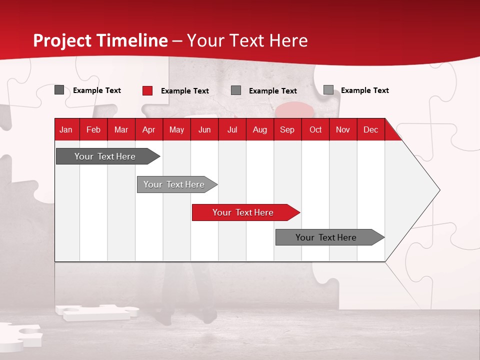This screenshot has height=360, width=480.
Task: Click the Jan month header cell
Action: point(66,129)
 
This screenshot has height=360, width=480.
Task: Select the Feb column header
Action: point(93,129)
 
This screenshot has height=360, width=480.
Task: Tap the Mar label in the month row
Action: point(121,129)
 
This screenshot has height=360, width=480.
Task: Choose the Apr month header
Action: point(149,129)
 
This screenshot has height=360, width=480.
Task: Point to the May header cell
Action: point(176,129)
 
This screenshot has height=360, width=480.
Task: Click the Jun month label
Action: point(204,129)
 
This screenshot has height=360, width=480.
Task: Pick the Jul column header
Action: point(232,129)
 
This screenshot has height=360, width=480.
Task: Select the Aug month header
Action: point(260,129)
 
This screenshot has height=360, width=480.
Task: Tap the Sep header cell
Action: point(287,129)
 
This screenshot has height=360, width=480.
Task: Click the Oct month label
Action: point(315,129)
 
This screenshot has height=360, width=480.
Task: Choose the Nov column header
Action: point(343,129)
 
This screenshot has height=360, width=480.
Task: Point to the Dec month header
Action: point(371,129)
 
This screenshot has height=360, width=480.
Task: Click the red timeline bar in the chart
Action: point(243,212)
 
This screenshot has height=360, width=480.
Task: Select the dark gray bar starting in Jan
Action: point(105,156)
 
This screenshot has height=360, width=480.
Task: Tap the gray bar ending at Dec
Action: point(326,237)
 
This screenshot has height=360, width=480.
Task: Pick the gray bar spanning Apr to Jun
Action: point(174,184)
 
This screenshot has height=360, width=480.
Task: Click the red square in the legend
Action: point(147,90)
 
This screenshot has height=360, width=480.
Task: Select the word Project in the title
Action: point(62,40)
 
